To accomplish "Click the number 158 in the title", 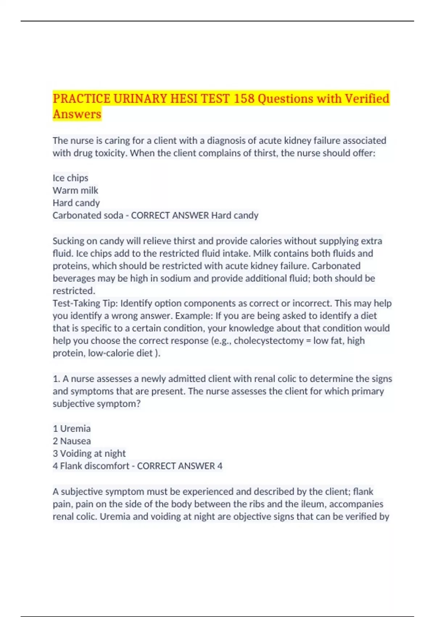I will point(244,98).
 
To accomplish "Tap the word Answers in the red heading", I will point(77,114).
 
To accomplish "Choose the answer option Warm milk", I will point(75,191).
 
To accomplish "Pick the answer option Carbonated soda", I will point(88,215).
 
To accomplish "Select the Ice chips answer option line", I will point(70,178).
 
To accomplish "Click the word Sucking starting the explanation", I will point(70,241).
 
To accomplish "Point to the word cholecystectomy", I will point(269,341).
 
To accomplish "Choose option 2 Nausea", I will point(72,441).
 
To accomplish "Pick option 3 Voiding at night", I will point(89,453).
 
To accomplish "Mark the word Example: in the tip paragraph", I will point(194,316).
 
